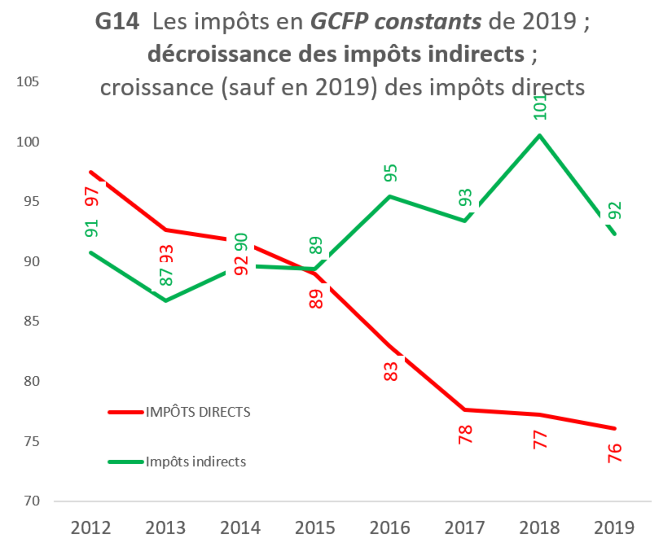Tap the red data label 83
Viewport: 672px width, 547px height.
coord(390,371)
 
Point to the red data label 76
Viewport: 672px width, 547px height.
coord(614,453)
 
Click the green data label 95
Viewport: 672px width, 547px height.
coord(390,173)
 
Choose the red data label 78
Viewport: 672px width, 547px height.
coord(465,434)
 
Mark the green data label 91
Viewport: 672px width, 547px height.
coord(91,228)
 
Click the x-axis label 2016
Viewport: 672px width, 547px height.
coord(390,527)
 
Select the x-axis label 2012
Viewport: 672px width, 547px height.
coord(91,527)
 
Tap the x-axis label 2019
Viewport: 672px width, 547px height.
coord(614,527)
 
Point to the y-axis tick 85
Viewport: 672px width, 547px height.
coord(32,321)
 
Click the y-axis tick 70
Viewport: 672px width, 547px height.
coord(32,501)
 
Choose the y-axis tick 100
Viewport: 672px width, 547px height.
coord(28,142)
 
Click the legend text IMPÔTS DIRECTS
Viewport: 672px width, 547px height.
coord(198,412)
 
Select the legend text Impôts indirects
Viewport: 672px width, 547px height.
coord(195,462)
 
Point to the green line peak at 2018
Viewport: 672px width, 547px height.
coord(540,136)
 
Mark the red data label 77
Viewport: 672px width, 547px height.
coord(539,439)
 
